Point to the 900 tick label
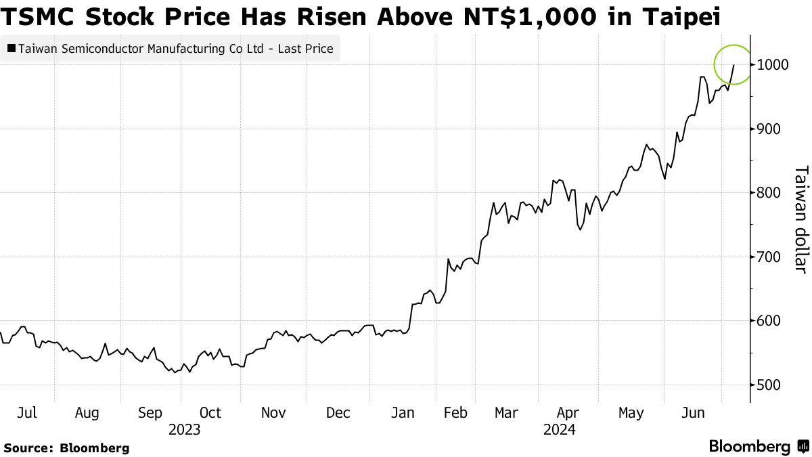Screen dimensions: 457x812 [768, 129]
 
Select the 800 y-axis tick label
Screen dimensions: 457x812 [768, 193]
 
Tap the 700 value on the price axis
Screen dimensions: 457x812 [768, 257]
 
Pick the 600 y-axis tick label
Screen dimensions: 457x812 [768, 321]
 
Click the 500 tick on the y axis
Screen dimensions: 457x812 [768, 385]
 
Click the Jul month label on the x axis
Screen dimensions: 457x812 [26, 412]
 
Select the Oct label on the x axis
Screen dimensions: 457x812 [210, 412]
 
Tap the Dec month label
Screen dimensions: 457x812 [338, 412]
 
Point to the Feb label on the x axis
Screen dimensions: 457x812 [456, 412]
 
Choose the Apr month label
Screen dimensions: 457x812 [568, 412]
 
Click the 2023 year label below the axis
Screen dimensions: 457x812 [185, 429]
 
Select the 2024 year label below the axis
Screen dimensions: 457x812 [559, 429]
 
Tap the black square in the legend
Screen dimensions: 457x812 [11, 49]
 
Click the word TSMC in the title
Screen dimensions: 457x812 [39, 18]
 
